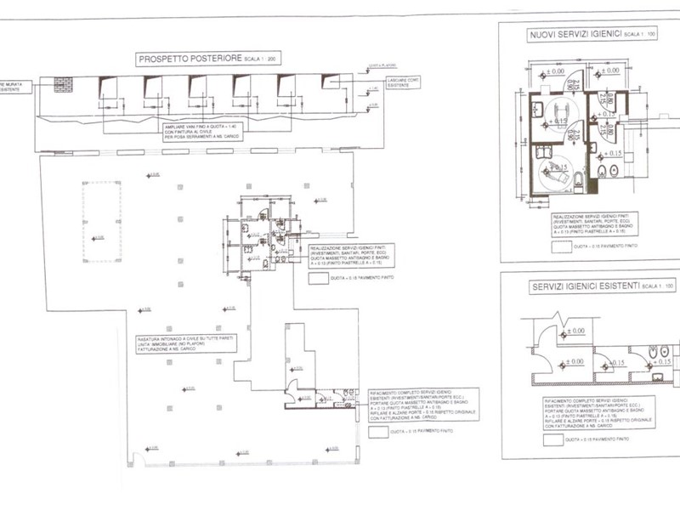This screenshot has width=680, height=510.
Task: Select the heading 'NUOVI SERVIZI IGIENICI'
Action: coord(572,34)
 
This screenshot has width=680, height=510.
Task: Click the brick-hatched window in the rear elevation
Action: coord(62,84)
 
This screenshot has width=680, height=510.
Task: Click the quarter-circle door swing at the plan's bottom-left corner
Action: coord(133,460)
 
